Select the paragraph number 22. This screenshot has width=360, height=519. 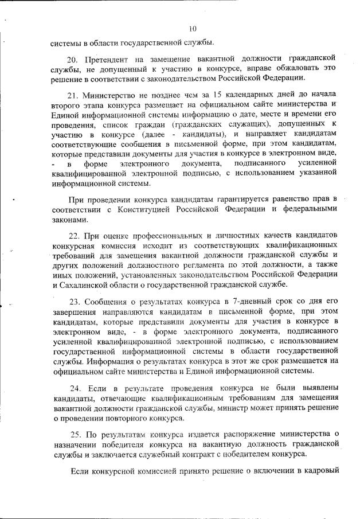tap(74, 236)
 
